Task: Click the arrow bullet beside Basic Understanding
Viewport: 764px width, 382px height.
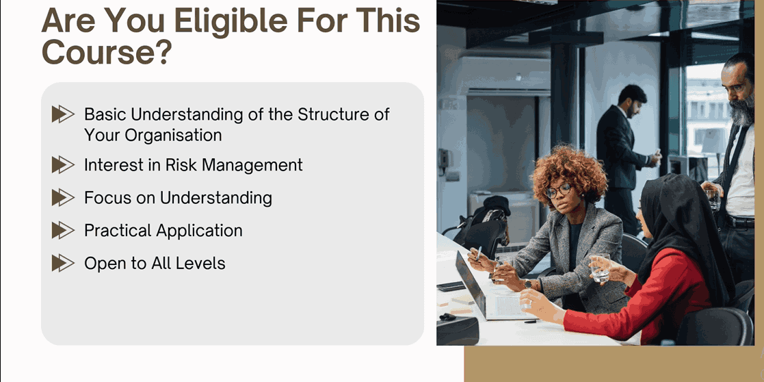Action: point(63,114)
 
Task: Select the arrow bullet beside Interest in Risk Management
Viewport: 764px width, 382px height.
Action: point(63,165)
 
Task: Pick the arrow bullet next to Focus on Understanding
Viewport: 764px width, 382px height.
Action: point(63,198)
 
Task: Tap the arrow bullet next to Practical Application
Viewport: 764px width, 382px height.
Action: point(63,230)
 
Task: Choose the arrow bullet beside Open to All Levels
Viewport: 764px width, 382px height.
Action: point(63,263)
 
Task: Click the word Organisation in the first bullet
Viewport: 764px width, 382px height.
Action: point(173,135)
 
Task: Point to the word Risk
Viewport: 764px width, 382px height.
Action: point(181,165)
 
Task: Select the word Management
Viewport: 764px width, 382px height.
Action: point(252,166)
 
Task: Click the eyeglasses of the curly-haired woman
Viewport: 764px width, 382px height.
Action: point(558,190)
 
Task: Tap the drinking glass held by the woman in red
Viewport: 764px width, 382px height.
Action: point(600,268)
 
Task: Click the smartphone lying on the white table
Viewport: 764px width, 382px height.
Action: point(451,286)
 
